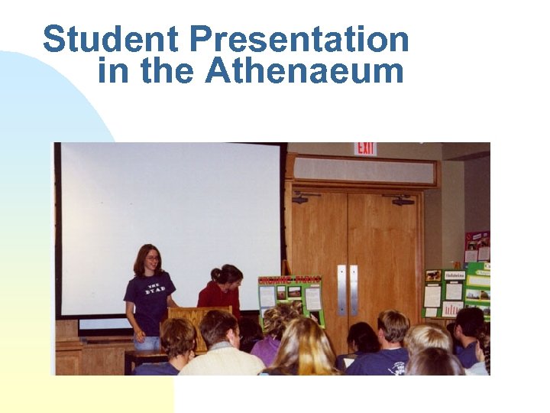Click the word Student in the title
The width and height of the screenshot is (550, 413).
(x=112, y=40)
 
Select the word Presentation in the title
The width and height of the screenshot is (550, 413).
(x=299, y=40)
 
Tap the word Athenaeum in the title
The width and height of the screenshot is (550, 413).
(x=304, y=71)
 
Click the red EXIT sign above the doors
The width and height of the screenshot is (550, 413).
(x=365, y=148)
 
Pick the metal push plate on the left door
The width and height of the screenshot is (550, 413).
(x=341, y=290)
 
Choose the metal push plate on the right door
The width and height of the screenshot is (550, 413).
(x=354, y=290)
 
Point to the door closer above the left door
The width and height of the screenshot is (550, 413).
(x=304, y=198)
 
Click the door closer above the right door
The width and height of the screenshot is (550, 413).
(x=402, y=200)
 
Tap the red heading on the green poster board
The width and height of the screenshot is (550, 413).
(x=290, y=281)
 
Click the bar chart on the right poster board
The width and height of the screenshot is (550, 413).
(x=452, y=308)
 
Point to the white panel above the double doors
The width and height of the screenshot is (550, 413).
(x=364, y=170)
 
